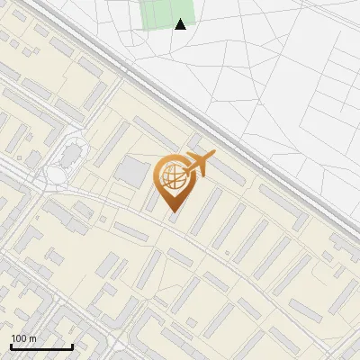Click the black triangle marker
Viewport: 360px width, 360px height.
pyautogui.click(x=181, y=24)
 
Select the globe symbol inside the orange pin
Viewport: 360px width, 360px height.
pyautogui.click(x=172, y=179)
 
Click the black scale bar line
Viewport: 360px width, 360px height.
pyautogui.click(x=41, y=346)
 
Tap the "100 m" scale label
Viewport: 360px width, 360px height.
pyautogui.click(x=23, y=338)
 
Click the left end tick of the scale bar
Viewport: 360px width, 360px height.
pyautogui.click(x=11, y=346)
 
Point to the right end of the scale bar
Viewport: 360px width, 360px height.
pyautogui.click(x=72, y=346)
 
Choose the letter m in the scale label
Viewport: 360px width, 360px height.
pyautogui.click(x=32, y=338)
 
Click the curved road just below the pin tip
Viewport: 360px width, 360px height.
pyautogui.click(x=174, y=225)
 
